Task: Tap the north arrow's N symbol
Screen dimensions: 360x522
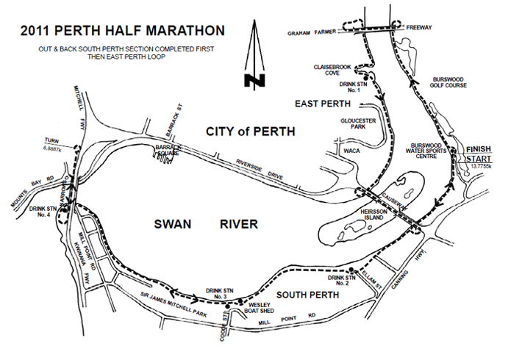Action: [255, 79]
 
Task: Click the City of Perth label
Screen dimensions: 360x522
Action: [250, 132]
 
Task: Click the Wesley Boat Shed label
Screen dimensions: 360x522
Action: [259, 308]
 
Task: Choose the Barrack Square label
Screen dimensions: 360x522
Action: [169, 151]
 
